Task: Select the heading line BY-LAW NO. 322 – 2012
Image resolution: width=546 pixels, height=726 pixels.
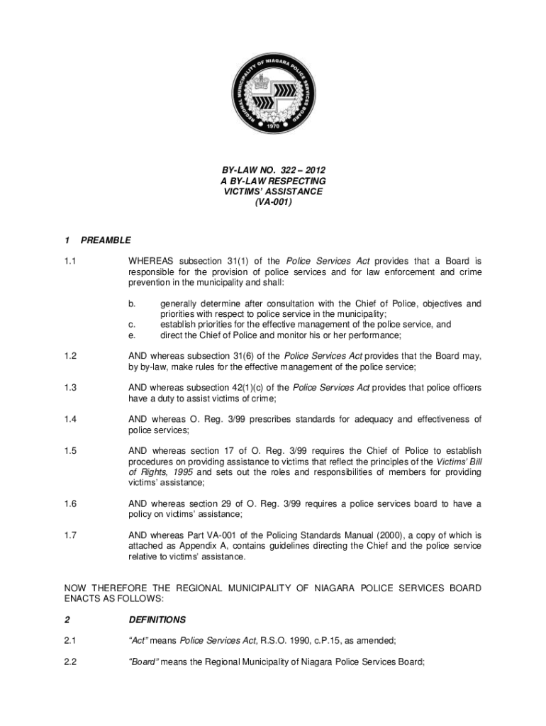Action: pos(272,171)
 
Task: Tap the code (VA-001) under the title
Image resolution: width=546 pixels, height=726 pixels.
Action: pos(272,202)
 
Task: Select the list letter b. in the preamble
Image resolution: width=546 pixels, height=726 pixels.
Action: pos(132,304)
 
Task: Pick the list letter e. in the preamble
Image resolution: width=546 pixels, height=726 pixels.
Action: pos(132,335)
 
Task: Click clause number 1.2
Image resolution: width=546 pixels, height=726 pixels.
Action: pos(71,356)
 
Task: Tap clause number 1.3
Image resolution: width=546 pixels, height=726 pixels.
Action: pos(71,388)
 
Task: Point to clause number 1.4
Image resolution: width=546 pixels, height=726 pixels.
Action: pos(71,420)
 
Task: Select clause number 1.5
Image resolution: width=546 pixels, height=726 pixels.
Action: pos(71,451)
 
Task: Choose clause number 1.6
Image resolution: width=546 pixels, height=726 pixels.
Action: pos(71,503)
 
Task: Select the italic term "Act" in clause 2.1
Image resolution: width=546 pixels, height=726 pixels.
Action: pos(139,640)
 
